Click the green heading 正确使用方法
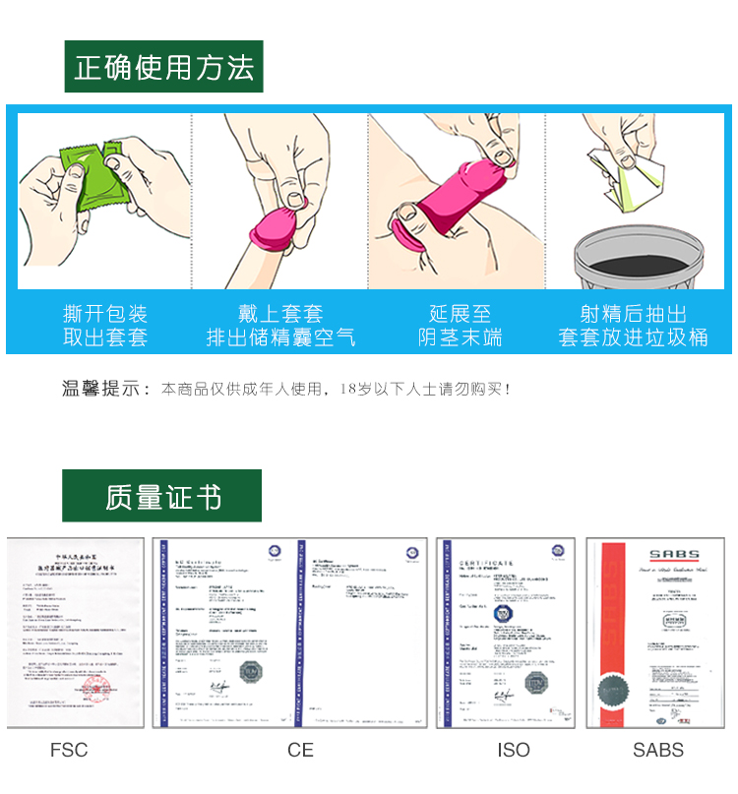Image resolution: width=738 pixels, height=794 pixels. (163, 67)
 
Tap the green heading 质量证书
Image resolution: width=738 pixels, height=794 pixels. (162, 496)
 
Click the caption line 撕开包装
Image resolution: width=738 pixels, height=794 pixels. (105, 314)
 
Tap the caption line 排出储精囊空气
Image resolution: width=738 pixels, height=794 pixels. (280, 337)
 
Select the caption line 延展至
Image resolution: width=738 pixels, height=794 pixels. (459, 314)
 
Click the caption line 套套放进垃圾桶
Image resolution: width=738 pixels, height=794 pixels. (633, 337)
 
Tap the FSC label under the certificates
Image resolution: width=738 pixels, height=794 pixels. (69, 750)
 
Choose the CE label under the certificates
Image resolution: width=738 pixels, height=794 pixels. (300, 750)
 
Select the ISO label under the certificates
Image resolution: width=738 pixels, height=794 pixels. (513, 750)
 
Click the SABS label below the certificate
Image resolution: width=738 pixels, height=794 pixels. (657, 750)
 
